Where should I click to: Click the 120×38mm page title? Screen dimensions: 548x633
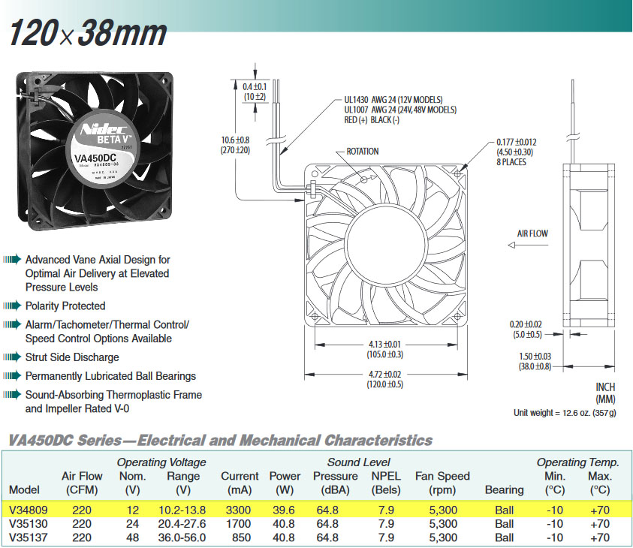[x=87, y=33]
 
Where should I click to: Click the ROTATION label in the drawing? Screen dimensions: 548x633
[x=362, y=152]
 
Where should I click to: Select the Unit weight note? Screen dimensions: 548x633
[x=565, y=413]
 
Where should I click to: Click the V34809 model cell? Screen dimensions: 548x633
[x=26, y=510]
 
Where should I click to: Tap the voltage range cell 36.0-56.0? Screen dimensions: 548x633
[x=182, y=537]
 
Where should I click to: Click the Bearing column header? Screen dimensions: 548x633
[x=505, y=489]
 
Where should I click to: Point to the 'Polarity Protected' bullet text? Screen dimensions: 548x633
[x=65, y=306]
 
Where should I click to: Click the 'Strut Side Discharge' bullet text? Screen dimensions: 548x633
[x=72, y=357]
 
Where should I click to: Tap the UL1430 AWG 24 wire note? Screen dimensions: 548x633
[x=393, y=100]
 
